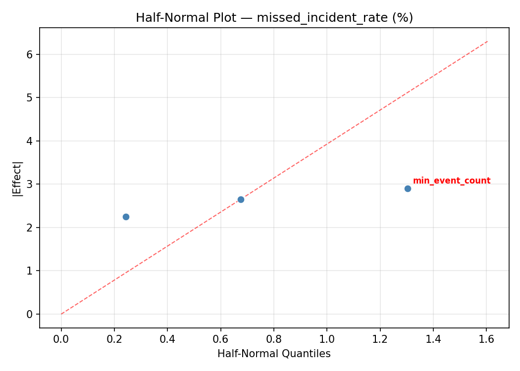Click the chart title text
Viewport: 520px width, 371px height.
coord(274,18)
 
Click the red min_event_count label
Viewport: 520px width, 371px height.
coord(451,181)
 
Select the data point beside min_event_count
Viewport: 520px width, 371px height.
coord(408,188)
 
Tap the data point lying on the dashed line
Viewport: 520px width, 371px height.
coord(241,199)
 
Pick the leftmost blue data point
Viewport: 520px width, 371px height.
coord(126,217)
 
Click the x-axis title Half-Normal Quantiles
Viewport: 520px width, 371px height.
coord(274,354)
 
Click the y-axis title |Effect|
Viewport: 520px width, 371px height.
coord(18,178)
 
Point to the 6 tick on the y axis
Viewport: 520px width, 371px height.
coord(31,54)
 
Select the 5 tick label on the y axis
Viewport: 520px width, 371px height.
coord(31,97)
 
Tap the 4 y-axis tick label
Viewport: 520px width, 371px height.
coord(31,141)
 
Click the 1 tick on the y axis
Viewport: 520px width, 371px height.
coord(31,271)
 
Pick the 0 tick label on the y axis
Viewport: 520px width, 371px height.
coord(31,314)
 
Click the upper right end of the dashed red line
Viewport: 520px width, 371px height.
coord(487,42)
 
